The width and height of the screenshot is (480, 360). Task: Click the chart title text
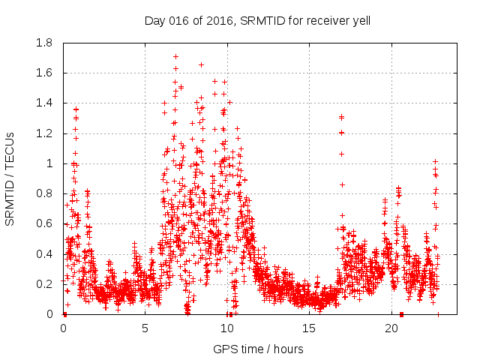tap(257, 20)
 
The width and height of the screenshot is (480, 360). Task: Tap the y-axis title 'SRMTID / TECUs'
tap(10, 178)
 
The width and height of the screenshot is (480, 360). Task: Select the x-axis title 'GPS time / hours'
tap(258, 349)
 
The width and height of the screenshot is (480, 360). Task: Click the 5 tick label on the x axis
tap(145, 328)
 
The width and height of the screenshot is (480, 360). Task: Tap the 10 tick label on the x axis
tap(227, 328)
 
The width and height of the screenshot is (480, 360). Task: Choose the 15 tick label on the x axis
tap(310, 328)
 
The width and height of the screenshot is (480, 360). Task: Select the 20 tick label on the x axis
tap(391, 328)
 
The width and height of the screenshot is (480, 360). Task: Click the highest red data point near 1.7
tap(175, 56)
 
